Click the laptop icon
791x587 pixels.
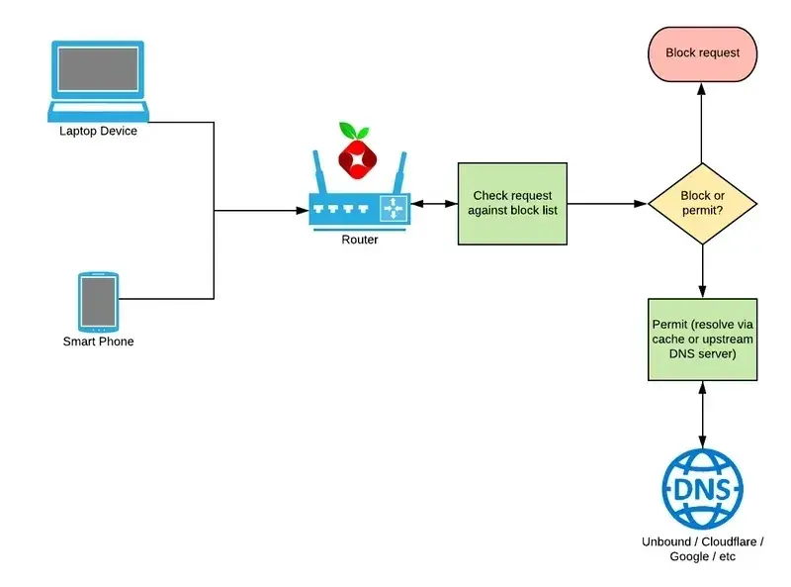[98, 79]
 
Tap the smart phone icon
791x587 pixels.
[98, 301]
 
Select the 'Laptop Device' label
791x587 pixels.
[98, 131]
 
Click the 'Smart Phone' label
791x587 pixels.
[98, 342]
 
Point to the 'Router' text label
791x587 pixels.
[359, 240]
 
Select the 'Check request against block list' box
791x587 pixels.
[512, 204]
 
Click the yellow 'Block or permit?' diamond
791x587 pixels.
[702, 204]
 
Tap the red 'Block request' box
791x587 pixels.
[702, 52]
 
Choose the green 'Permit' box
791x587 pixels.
[702, 340]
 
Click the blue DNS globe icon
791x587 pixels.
[702, 489]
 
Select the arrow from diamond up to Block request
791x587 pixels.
[702, 123]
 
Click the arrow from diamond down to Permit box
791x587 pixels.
[702, 270]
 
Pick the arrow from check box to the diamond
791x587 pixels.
[607, 204]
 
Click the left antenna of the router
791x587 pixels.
[318, 173]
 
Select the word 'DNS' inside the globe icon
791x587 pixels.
[702, 490]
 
